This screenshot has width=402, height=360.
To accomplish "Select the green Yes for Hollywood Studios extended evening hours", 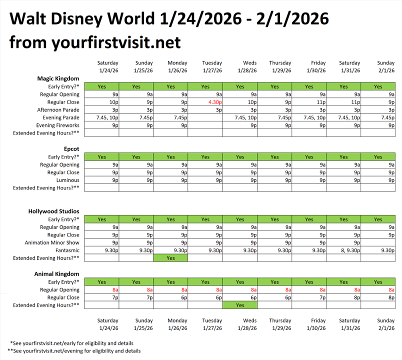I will (x=170, y=258).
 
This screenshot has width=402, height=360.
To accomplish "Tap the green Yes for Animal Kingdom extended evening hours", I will (x=239, y=305).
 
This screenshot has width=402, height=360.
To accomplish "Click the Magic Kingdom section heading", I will (x=58, y=78).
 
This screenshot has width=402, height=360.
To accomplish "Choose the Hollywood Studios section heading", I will (x=53, y=211).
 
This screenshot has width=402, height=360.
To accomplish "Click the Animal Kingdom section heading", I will (x=57, y=274).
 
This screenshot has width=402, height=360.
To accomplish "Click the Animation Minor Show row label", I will (x=52, y=242).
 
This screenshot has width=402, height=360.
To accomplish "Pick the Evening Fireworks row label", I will (x=57, y=125).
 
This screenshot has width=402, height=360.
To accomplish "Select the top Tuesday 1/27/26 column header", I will (x=212, y=66).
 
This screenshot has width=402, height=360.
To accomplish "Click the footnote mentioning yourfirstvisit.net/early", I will (x=75, y=343).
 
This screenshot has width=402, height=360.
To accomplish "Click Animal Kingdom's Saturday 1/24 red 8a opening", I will (x=115, y=289).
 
